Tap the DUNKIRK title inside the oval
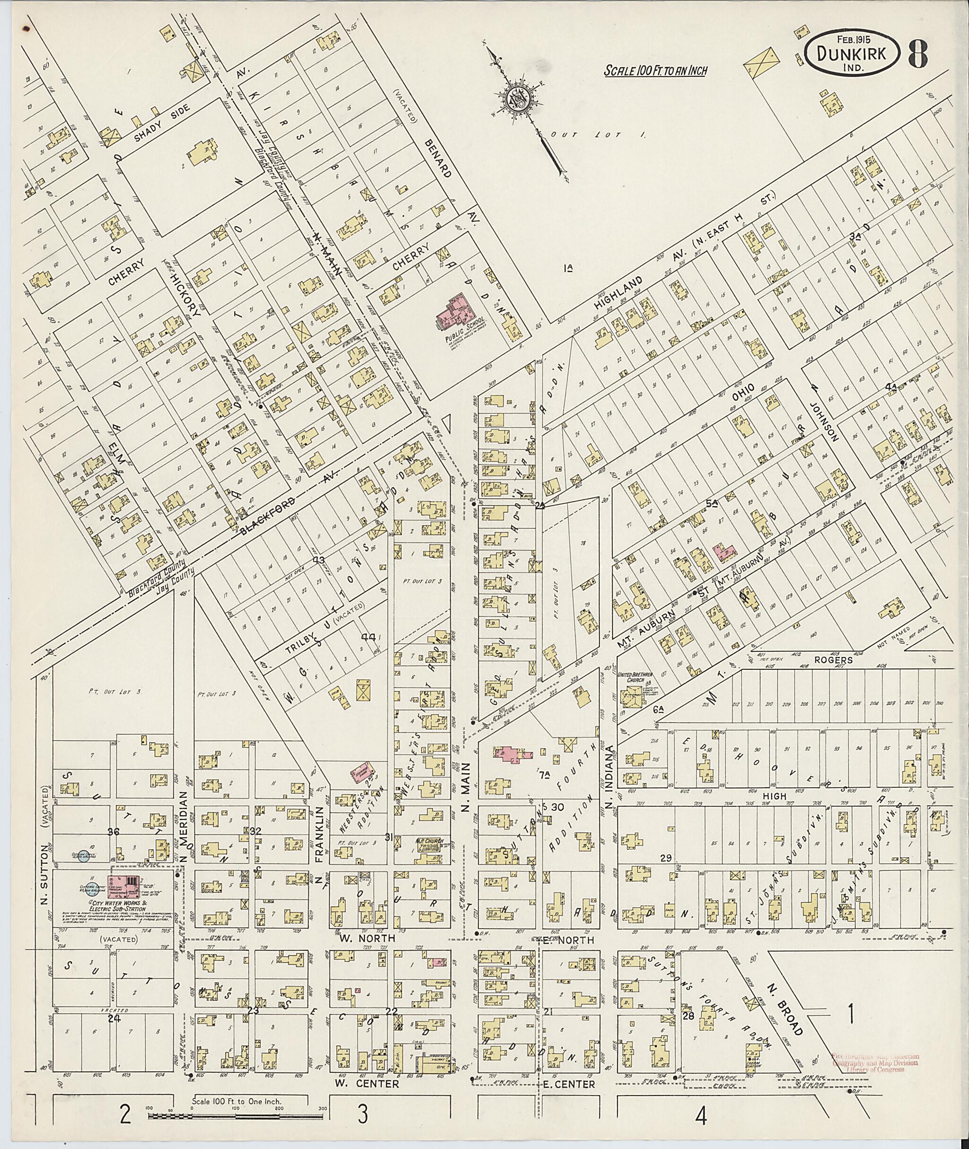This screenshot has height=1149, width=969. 852,54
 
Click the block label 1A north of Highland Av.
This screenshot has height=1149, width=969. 569,269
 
